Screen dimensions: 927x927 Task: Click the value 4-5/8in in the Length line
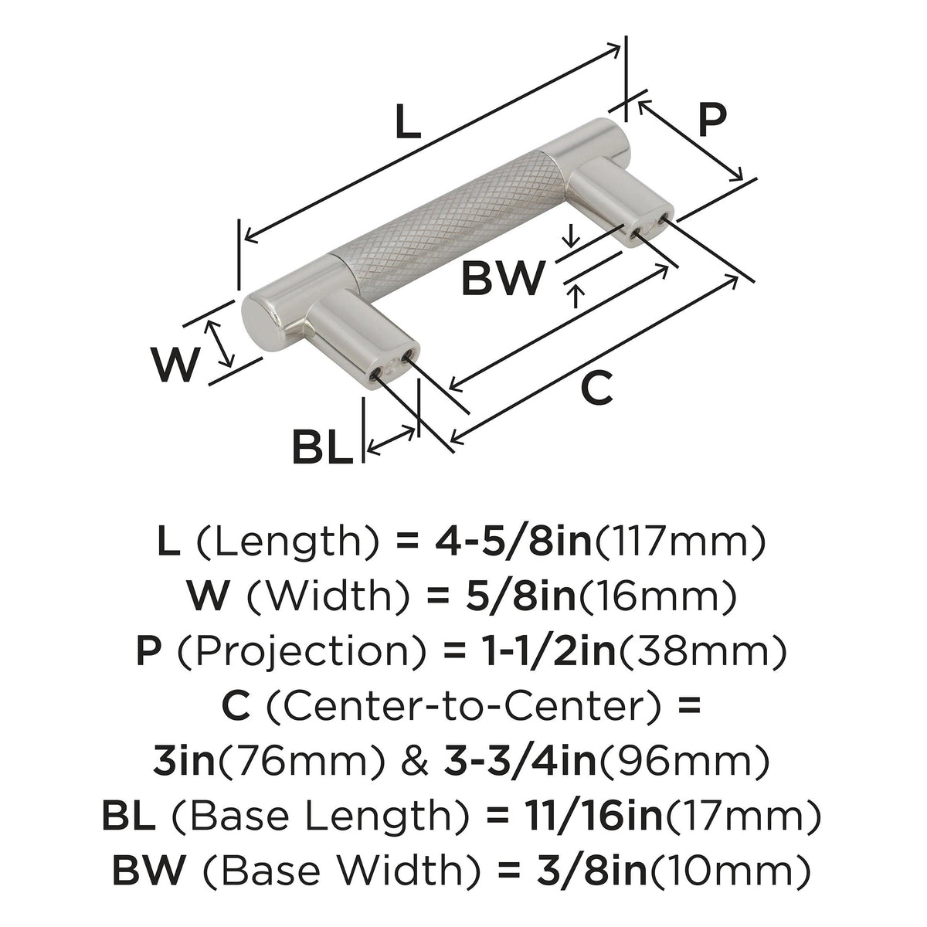pos(513,542)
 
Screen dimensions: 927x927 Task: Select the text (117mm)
pos(678,543)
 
